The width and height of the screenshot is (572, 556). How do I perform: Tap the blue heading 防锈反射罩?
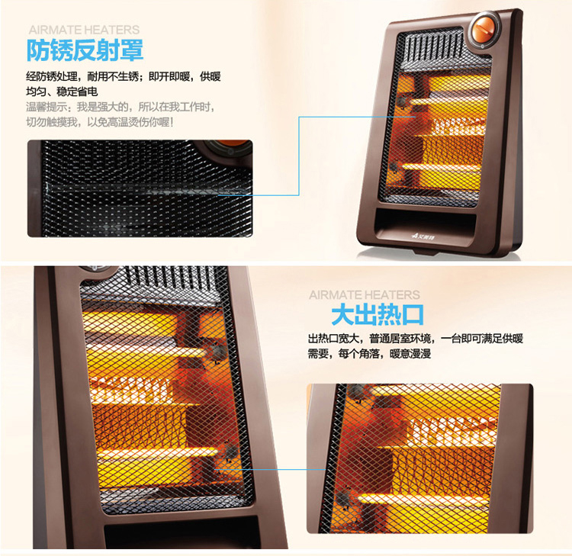[x=85, y=50]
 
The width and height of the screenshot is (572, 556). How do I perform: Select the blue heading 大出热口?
[x=378, y=315]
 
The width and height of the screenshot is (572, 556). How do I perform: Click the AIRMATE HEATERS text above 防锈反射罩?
[x=84, y=30]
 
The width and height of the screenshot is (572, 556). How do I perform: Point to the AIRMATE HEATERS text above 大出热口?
[x=365, y=295]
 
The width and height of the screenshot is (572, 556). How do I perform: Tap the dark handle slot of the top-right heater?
[x=426, y=222]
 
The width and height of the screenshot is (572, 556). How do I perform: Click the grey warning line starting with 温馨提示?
[x=121, y=107]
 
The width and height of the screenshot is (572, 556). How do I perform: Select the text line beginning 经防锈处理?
[x=124, y=76]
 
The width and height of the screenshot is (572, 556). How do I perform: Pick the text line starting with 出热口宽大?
[x=416, y=339]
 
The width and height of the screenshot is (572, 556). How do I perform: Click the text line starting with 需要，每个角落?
[x=370, y=354]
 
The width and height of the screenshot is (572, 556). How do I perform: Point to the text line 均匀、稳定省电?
[x=62, y=92]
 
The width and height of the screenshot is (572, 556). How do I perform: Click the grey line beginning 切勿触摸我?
[x=100, y=122]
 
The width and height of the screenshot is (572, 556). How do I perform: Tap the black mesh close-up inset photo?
[x=140, y=188]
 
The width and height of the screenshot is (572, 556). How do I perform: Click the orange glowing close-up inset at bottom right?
[x=420, y=458]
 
